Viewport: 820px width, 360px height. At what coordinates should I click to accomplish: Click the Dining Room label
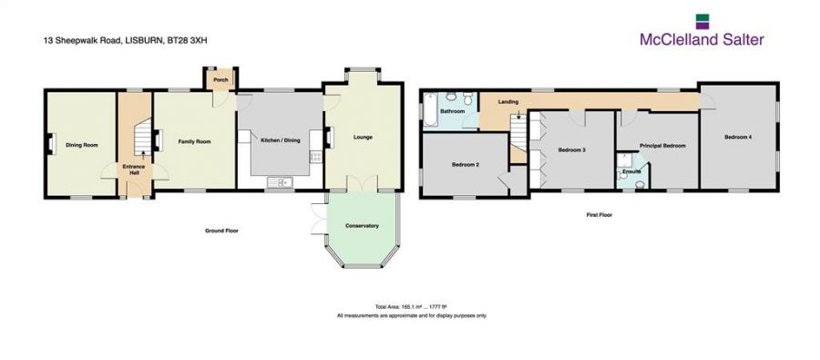[x=81, y=145]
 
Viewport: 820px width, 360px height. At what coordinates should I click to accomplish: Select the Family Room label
[x=193, y=142]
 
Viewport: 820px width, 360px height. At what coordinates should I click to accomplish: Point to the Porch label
[x=220, y=79]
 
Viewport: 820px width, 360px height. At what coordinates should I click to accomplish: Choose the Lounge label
[x=363, y=138]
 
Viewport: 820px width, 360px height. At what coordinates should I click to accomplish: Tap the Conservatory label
[x=362, y=226]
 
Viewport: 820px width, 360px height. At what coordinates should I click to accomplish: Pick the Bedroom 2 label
[x=465, y=165]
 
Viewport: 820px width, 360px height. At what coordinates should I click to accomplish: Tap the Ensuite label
[x=632, y=171]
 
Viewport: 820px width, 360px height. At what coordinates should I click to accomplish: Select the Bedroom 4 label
[x=737, y=137]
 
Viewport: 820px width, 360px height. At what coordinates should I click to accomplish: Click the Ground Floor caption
[x=220, y=231]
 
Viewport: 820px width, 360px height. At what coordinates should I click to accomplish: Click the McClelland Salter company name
[x=701, y=39]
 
